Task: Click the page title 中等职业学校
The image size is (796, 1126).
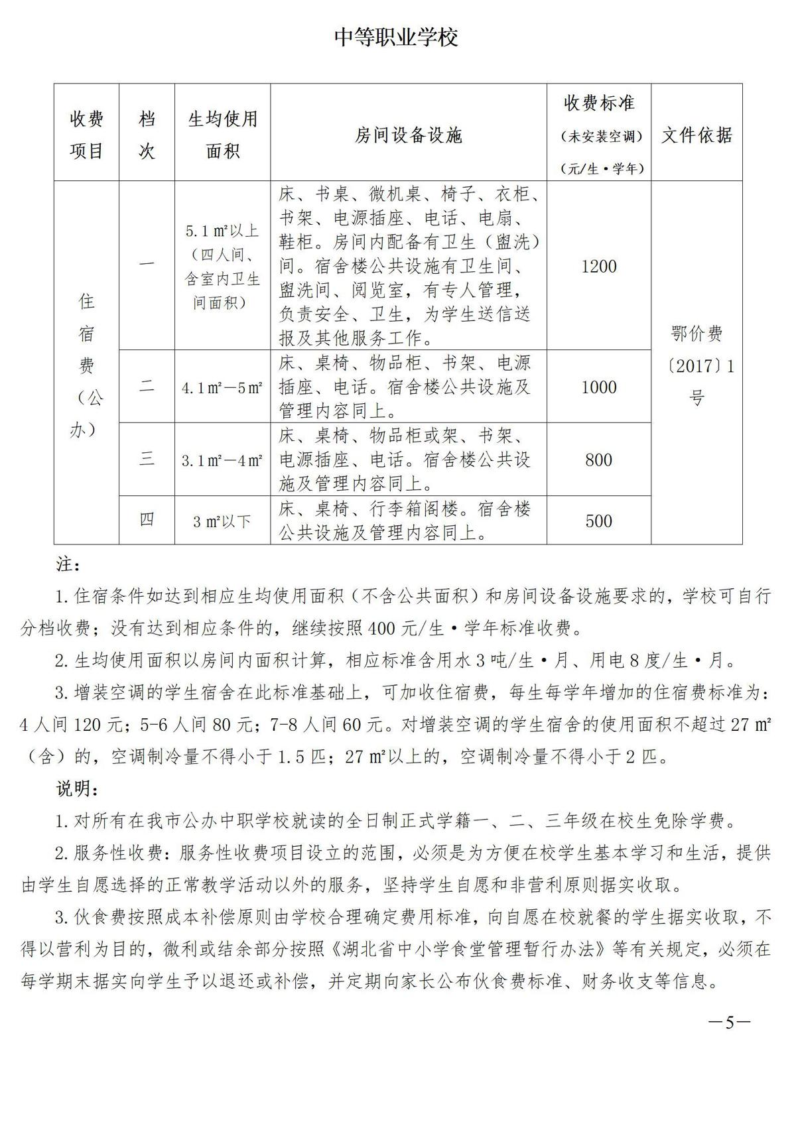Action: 397,38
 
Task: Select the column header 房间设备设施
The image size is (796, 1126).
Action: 408,136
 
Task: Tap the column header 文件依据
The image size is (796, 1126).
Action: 696,135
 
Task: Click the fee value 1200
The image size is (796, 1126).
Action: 598,267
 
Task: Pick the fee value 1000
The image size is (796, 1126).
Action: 598,387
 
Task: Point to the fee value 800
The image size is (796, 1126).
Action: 598,460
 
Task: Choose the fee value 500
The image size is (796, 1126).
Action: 598,521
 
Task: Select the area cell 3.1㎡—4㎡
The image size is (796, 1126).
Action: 222,460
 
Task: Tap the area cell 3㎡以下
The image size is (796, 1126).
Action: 222,521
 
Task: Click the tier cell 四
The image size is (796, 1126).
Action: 147,520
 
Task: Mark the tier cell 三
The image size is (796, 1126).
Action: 147,459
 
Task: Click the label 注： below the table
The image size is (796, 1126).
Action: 68,566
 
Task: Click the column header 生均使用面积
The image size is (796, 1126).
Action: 222,135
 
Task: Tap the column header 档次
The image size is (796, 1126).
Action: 147,135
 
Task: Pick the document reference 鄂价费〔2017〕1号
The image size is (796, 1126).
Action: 696,365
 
